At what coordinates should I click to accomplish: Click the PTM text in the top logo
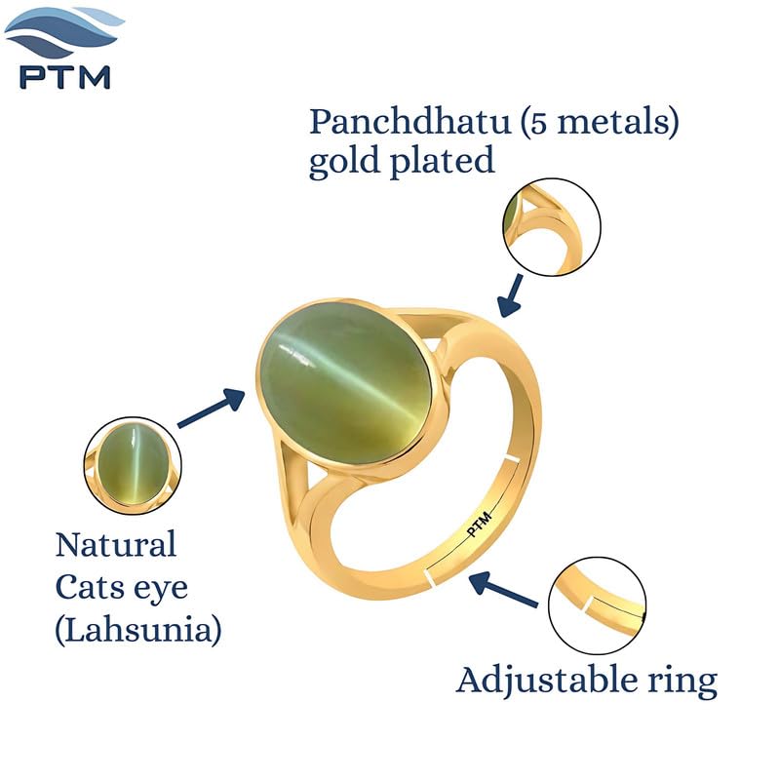coord(64,77)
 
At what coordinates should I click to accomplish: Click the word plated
coord(442,161)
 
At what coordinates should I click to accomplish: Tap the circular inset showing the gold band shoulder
coord(551,227)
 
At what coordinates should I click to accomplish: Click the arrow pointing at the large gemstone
coord(212,408)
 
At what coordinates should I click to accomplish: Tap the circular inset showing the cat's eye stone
coord(133,466)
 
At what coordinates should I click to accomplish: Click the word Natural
coord(116,545)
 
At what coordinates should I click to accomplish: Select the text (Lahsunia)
coord(138,631)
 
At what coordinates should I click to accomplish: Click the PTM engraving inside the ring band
coord(480,525)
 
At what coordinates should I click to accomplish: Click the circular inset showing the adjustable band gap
coord(598,605)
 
